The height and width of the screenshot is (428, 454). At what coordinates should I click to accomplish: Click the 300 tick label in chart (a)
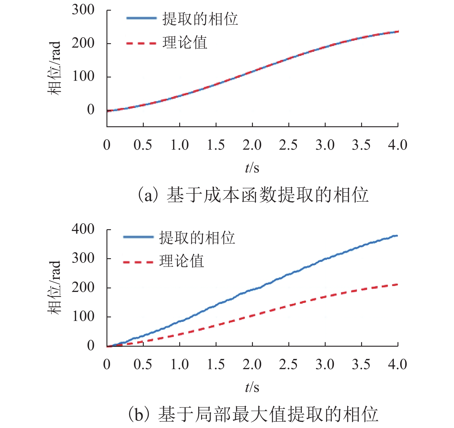(83, 10)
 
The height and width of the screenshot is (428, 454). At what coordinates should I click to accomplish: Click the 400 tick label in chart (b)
(83, 229)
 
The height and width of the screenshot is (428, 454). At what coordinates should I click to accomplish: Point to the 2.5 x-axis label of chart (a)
(288, 145)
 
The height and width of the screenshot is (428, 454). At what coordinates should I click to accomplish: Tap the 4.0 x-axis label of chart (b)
(398, 364)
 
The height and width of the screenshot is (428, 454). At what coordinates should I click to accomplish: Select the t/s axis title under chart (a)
(252, 168)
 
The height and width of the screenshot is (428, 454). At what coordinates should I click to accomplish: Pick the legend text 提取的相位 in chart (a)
(200, 19)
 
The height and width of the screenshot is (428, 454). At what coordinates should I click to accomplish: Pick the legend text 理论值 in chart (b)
(182, 261)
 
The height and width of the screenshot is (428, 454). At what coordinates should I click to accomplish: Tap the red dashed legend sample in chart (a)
(141, 43)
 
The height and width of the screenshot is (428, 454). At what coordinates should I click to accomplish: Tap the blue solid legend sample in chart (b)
(138, 237)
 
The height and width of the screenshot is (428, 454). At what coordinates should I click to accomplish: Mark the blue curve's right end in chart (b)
(397, 236)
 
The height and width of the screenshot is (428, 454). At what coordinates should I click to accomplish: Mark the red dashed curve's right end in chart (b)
(397, 285)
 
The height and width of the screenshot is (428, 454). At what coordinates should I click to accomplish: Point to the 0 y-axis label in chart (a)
(91, 110)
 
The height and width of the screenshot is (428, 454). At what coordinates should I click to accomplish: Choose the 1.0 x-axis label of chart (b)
(180, 364)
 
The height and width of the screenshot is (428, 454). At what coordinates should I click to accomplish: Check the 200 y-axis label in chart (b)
(83, 288)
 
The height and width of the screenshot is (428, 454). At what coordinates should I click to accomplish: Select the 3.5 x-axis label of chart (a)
(361, 145)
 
